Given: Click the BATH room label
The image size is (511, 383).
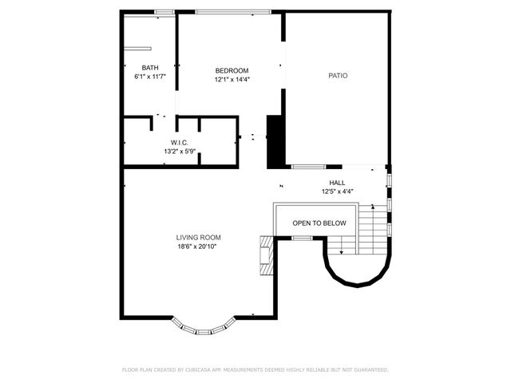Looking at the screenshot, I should pos(149,68).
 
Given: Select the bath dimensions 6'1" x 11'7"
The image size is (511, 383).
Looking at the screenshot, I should pos(149,77).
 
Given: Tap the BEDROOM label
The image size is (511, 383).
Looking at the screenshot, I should pos(232,70).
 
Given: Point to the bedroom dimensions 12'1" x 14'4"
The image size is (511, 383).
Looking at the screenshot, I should pos(232,79).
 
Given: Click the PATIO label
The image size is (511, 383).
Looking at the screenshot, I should pos(338,76).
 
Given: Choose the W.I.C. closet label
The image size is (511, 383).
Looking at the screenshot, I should pos(179,143).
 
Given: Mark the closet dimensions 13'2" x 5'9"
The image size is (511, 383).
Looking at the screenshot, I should pos(179,151).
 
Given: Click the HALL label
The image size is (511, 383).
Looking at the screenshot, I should pos(337,183).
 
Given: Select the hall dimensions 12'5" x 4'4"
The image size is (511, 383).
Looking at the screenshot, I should pos(337,191).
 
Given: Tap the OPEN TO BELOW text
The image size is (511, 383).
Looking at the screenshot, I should pos(319,223).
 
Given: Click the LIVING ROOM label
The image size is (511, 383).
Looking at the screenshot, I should pos(198,238).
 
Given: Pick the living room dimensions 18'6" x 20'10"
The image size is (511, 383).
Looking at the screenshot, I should pos(198,247).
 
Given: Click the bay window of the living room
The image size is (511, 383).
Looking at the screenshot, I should pos(204,327).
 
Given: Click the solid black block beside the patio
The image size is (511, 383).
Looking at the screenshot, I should pos(275,142).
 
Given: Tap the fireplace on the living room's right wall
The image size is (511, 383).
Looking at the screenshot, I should pos(264,255).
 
